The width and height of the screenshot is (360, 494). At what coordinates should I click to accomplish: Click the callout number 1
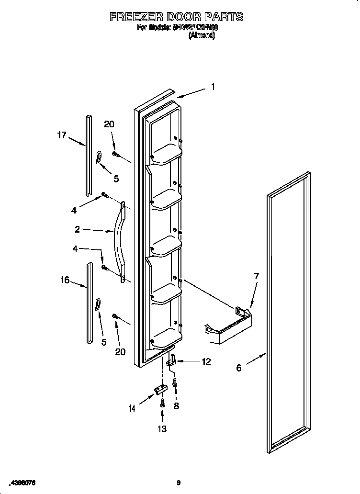coord(213,87)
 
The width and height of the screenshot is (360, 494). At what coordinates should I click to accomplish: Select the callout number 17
coord(61,135)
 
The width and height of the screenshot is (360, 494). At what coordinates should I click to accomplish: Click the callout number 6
coord(239,368)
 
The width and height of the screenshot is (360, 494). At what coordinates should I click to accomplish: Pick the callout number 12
coord(206,362)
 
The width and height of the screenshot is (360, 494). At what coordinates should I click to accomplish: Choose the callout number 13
coord(162,429)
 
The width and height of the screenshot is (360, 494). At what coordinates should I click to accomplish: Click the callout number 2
coord(77,229)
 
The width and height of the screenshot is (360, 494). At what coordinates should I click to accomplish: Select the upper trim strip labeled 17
coord(88,156)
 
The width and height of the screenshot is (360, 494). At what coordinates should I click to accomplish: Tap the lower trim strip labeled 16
coord(89,303)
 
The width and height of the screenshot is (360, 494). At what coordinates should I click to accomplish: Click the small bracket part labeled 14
coord(158,392)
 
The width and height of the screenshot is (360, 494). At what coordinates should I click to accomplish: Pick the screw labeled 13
coord(163,403)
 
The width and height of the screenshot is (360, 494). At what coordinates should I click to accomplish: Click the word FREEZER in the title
coord(138,17)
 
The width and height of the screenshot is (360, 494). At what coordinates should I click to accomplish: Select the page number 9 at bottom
coord(179,483)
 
